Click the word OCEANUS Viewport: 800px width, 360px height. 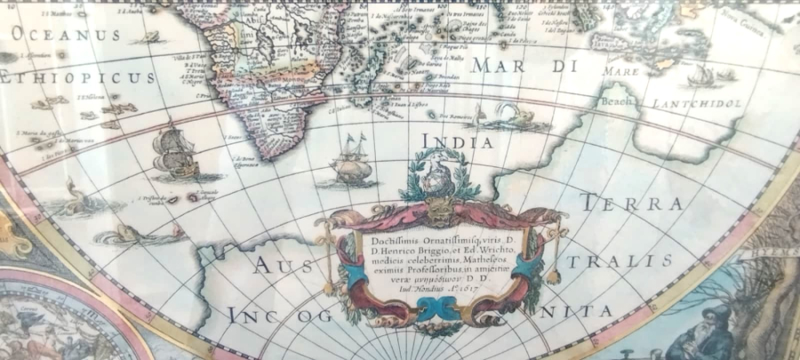click(x=66, y=36)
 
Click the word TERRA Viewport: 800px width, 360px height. click(x=631, y=204)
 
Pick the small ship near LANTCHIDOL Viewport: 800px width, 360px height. click(x=701, y=75)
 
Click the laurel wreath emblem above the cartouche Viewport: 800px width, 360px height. click(x=438, y=173)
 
